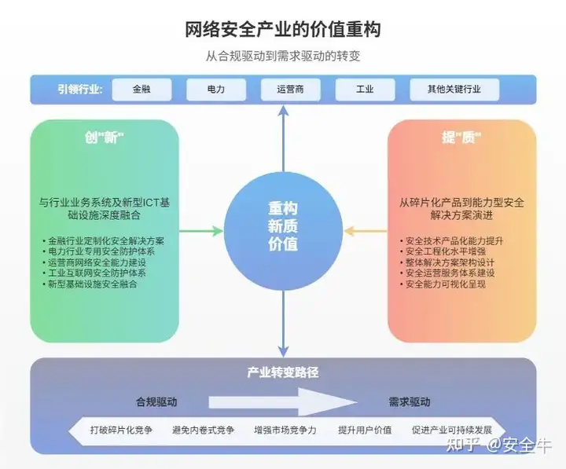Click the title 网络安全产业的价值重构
(x=283, y=31)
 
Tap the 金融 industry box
(x=141, y=90)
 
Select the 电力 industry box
(x=215, y=90)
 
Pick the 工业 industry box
(x=365, y=90)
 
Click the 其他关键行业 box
(x=454, y=90)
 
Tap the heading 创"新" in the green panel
(x=105, y=137)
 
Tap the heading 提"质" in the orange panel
(x=461, y=137)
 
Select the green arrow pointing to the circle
(x=202, y=231)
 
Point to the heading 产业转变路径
(x=282, y=372)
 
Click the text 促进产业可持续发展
(x=452, y=431)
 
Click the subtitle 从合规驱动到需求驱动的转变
(x=283, y=57)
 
